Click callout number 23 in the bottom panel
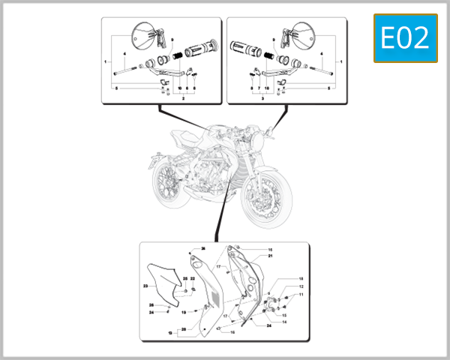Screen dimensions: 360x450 coord(145,286)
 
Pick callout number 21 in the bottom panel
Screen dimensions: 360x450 coord(270,256)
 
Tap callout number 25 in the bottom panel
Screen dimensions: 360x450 coord(185,279)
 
